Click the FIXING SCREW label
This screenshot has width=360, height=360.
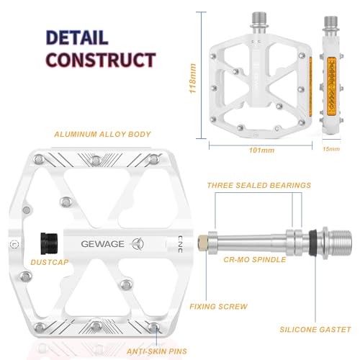coord(220,306)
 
